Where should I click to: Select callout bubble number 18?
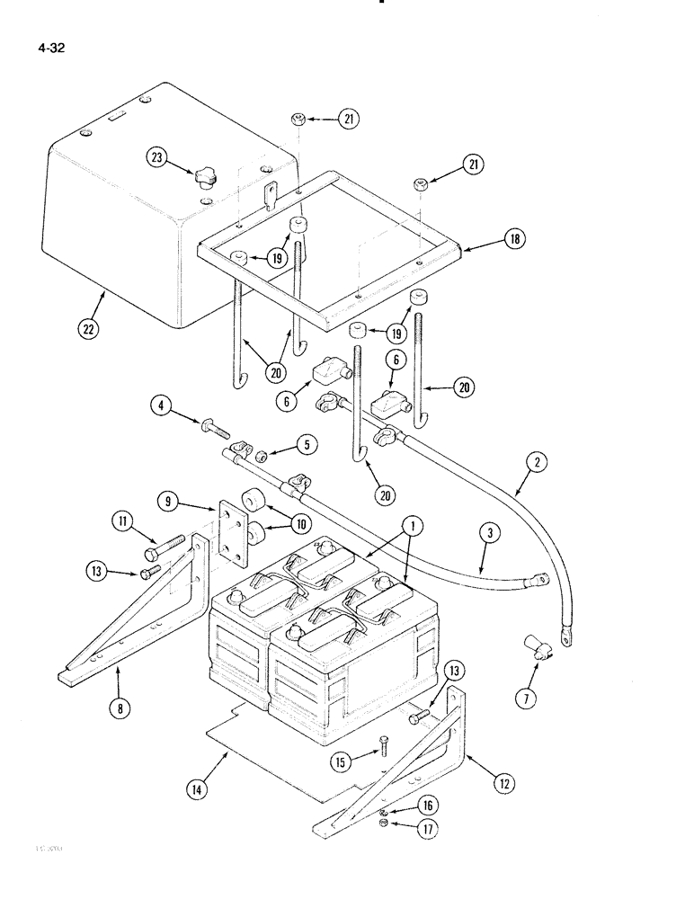click(x=516, y=240)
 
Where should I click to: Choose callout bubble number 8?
click(x=120, y=708)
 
